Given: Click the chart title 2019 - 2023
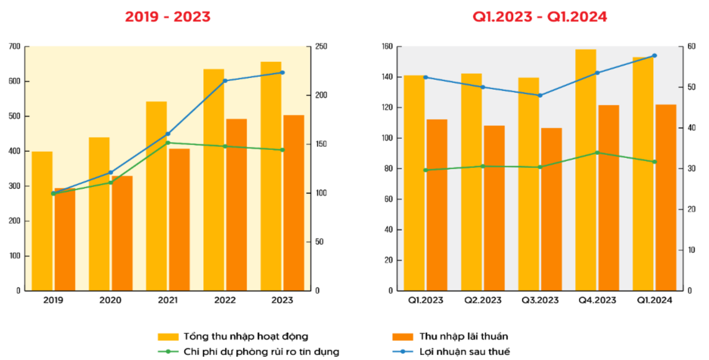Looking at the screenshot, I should (167, 17).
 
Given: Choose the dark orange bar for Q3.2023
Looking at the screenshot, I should (551, 209).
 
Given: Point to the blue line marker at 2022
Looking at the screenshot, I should (225, 81).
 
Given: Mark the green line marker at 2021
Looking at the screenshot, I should (168, 143).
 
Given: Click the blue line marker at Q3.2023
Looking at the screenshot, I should (540, 95).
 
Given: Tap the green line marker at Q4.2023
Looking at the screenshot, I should (597, 152).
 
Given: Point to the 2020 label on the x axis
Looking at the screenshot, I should (110, 300).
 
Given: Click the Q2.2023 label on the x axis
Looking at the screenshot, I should (483, 300).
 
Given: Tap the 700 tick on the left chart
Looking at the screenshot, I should (14, 46).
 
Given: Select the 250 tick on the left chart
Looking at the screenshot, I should (322, 46).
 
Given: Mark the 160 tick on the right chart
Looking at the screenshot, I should (387, 46).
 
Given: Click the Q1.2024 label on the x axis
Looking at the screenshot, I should (654, 300).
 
